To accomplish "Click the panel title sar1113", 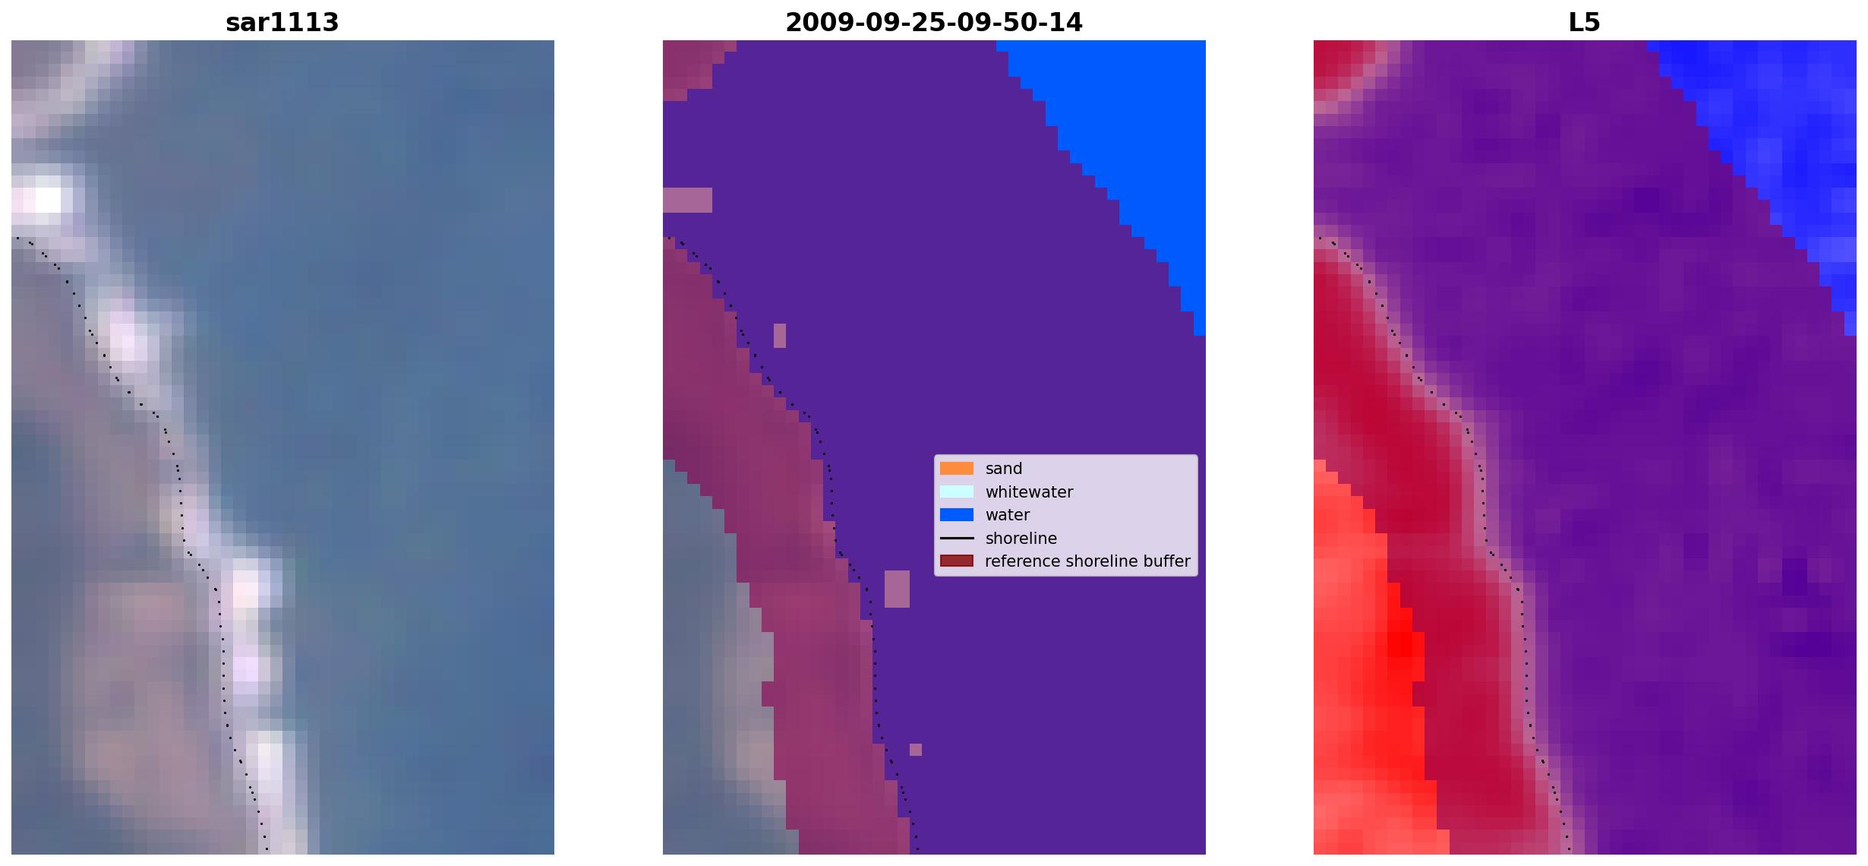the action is [282, 23].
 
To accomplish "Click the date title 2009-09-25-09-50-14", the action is [933, 23].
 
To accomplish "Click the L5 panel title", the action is [1584, 23].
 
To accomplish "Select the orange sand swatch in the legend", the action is [956, 469].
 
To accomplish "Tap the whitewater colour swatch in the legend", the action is [956, 491].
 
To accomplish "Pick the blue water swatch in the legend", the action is [956, 515].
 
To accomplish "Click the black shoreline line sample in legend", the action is [956, 538].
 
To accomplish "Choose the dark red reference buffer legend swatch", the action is [956, 561].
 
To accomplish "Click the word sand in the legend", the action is [1003, 469].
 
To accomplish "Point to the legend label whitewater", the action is [1029, 491].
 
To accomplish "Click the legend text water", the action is [1008, 515].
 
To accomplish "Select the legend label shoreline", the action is [1021, 538].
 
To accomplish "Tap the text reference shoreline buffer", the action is [1087, 561].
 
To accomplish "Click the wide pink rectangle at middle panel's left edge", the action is [687, 200].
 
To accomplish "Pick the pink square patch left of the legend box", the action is [897, 589].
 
